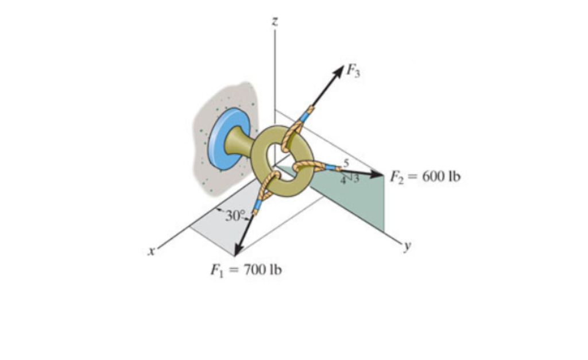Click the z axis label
[275, 22]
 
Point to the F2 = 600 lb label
[425, 176]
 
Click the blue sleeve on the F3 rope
[304, 117]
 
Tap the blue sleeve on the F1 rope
[257, 205]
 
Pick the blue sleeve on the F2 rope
[330, 168]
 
